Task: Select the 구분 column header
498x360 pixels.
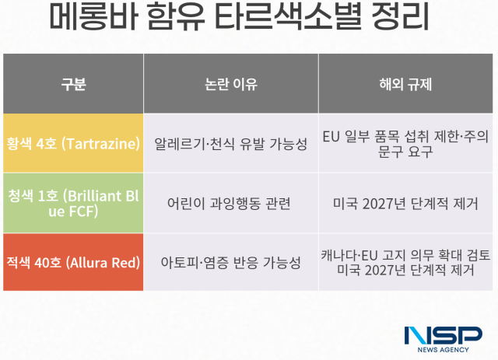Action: click(73, 84)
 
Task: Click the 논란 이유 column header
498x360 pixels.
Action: click(230, 84)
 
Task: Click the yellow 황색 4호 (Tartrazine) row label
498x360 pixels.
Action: click(73, 144)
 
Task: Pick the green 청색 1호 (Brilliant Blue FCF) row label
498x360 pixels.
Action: click(73, 203)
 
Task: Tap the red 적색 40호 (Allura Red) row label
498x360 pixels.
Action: click(73, 263)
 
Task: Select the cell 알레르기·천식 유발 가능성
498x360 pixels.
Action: click(230, 144)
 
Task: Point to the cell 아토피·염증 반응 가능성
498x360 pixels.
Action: click(230, 263)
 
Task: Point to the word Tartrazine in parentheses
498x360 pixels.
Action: click(104, 144)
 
